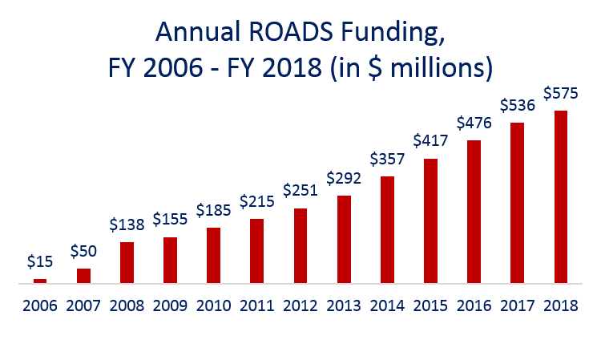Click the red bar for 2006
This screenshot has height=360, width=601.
(x=40, y=281)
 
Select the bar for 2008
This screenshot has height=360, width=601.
(x=127, y=263)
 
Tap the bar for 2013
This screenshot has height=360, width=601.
(x=344, y=240)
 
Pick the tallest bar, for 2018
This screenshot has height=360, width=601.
(x=561, y=197)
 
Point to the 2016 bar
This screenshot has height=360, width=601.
(x=474, y=212)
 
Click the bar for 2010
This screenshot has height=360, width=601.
(x=213, y=256)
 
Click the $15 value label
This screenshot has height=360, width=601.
(x=40, y=261)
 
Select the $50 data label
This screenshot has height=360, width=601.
(x=83, y=251)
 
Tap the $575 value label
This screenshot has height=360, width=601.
(x=561, y=93)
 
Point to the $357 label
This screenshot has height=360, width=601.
(x=387, y=159)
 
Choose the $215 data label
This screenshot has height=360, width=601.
(x=257, y=201)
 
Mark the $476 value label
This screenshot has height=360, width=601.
(x=474, y=123)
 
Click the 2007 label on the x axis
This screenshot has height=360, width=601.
(x=83, y=306)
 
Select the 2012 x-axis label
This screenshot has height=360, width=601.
(x=300, y=306)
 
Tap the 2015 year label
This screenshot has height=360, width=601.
(x=430, y=306)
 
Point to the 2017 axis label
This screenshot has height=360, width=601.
(x=517, y=306)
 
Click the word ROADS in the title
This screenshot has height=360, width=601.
(x=291, y=32)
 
